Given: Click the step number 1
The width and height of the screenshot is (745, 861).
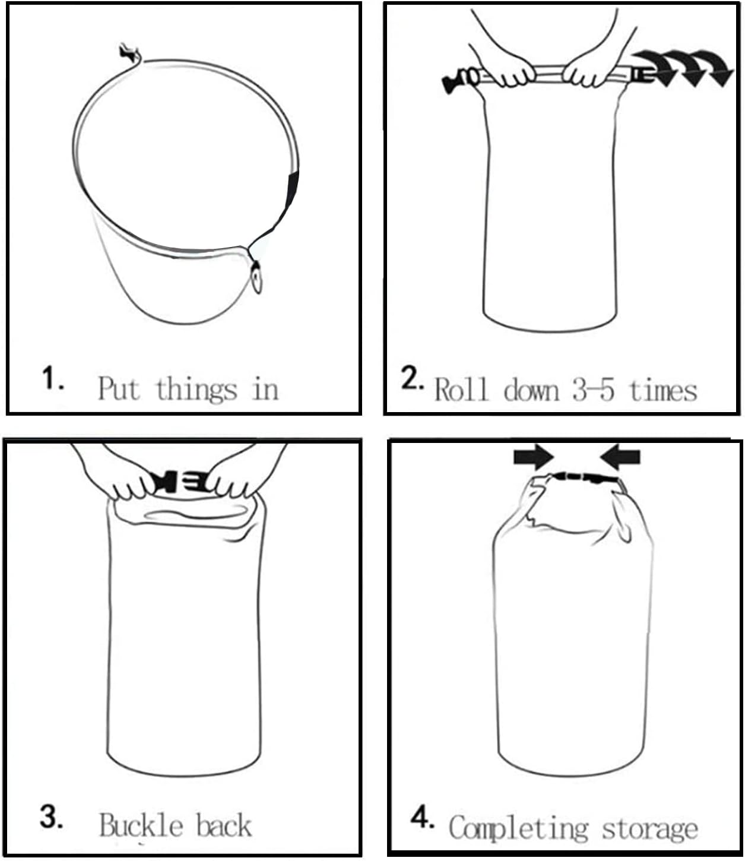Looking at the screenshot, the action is click(53, 378).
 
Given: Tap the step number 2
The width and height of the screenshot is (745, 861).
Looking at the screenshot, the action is click(412, 378).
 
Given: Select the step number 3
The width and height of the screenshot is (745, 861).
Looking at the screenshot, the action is click(52, 817).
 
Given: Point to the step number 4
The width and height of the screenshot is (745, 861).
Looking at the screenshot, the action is click(422, 817).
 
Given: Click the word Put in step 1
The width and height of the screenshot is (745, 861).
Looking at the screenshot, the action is click(118, 388).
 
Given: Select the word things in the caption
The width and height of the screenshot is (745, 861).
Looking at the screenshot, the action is click(196, 390).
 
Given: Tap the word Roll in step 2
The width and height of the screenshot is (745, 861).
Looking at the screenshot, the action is click(461, 390).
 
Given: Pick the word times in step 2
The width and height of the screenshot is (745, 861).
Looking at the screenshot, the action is click(663, 390).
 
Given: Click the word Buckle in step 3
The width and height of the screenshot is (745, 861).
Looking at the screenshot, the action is click(141, 825).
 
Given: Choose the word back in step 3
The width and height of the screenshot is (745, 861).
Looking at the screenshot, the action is click(224, 825).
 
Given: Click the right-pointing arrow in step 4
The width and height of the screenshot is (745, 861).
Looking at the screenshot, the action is click(534, 457).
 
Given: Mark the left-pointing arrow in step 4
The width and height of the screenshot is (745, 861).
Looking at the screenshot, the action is click(620, 457).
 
